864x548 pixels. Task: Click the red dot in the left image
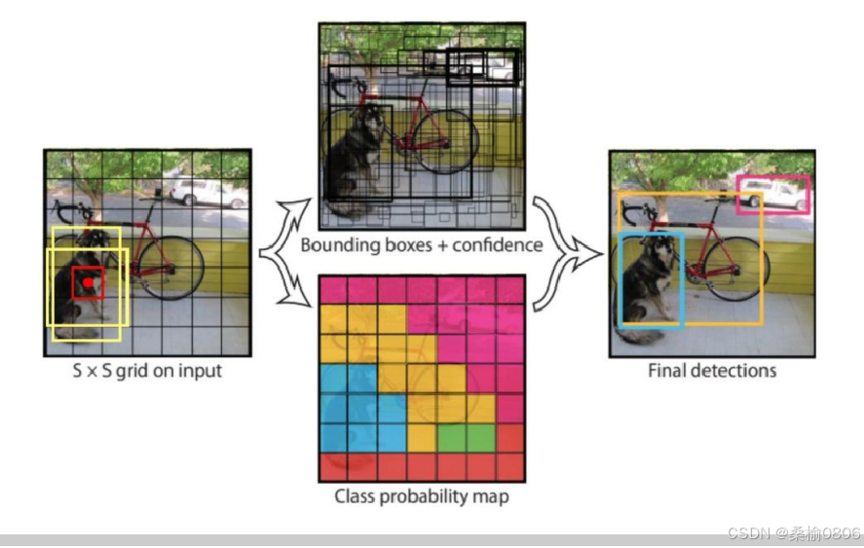(88, 283)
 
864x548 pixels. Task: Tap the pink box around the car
(772, 178)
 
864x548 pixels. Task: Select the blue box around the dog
(620, 282)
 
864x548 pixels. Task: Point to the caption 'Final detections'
(712, 371)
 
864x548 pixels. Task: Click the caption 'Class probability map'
(421, 497)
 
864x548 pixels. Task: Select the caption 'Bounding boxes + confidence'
(421, 244)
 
